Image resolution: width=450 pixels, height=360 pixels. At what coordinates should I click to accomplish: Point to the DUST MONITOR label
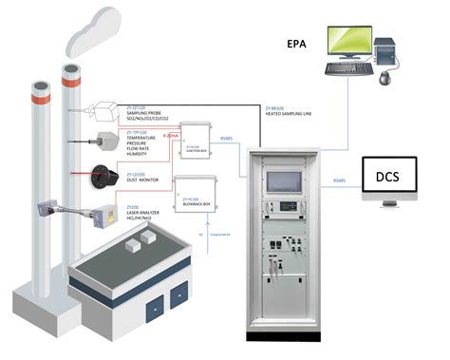pyautogui.click(x=146, y=180)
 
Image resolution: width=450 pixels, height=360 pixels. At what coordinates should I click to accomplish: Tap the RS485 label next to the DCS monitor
pyautogui.click(x=339, y=180)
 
